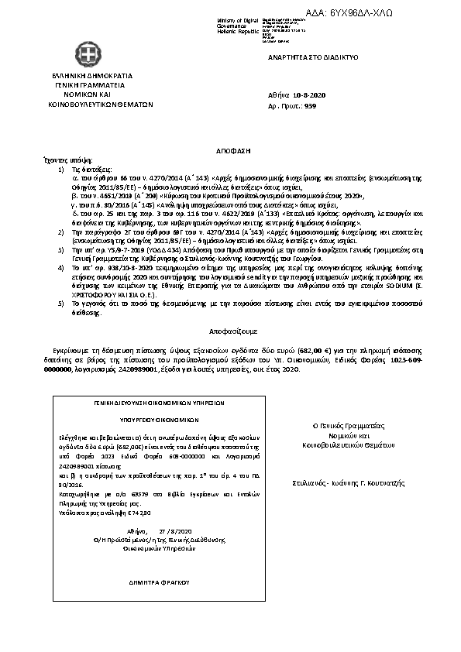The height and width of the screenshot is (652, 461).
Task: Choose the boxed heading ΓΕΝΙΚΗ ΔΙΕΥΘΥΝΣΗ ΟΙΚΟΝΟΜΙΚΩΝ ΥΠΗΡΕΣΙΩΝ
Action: pyautogui.click(x=146, y=403)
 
